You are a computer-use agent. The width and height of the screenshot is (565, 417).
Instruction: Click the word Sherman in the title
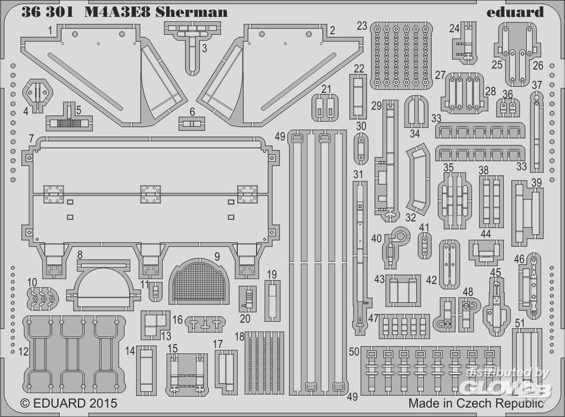pyautogui.click(x=192, y=12)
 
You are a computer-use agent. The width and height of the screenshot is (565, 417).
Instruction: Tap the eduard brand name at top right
pyautogui.click(x=515, y=12)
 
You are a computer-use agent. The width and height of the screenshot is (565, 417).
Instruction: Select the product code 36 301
pyautogui.click(x=47, y=12)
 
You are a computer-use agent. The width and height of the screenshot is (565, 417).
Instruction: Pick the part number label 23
pyautogui.click(x=362, y=26)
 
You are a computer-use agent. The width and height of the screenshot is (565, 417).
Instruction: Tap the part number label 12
pyautogui.click(x=23, y=352)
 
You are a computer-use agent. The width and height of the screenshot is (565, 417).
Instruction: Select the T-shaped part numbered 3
pyautogui.click(x=193, y=47)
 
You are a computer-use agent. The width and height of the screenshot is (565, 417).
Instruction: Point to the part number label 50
pyautogui.click(x=354, y=352)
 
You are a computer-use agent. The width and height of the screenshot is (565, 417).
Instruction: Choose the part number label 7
pyautogui.click(x=31, y=138)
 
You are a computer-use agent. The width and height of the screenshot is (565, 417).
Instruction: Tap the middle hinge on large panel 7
pyautogui.click(x=150, y=194)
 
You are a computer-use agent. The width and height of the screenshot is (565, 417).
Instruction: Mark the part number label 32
pyautogui.click(x=410, y=217)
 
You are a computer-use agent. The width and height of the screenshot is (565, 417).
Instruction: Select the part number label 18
pyautogui.click(x=239, y=336)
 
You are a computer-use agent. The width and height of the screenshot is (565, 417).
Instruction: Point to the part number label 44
pyautogui.click(x=486, y=234)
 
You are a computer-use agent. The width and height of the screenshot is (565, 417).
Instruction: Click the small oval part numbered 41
pyautogui.click(x=425, y=245)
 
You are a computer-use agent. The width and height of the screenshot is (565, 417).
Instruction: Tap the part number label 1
pyautogui.click(x=50, y=30)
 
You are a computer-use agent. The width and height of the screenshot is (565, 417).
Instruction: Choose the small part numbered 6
pyautogui.click(x=192, y=124)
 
